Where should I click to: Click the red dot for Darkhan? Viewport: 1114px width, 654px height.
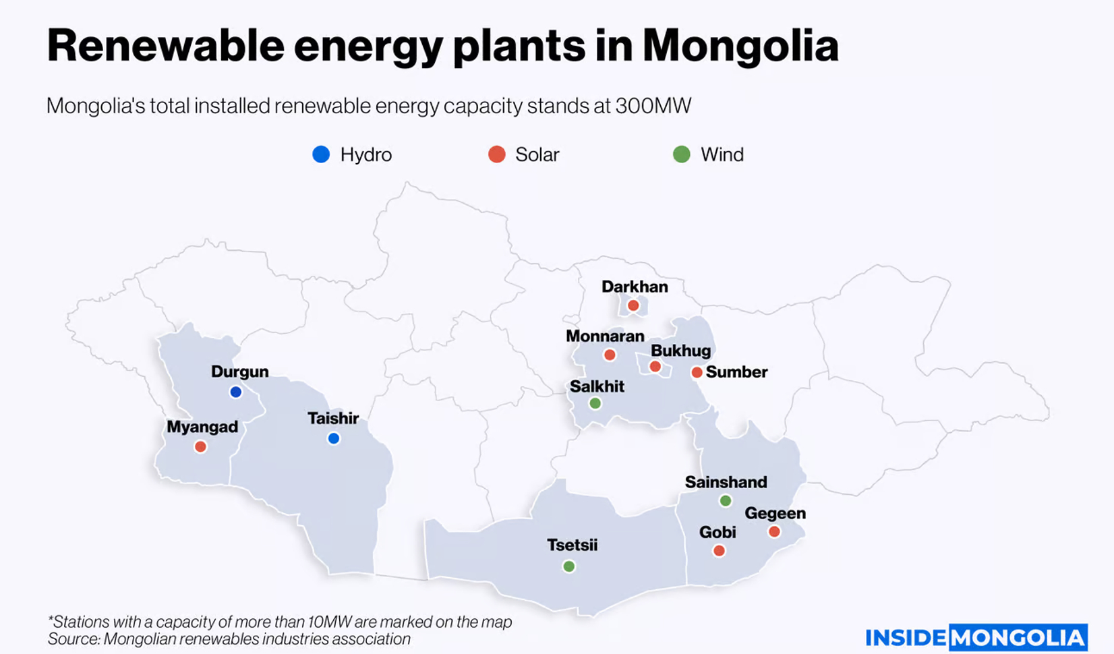pyautogui.click(x=633, y=305)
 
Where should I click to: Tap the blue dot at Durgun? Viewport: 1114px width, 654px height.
pyautogui.click(x=235, y=392)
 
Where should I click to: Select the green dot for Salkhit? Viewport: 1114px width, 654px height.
pyautogui.click(x=595, y=403)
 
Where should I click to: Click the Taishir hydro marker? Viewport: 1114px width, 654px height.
pyautogui.click(x=333, y=438)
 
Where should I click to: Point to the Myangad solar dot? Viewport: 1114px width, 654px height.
pyautogui.click(x=200, y=446)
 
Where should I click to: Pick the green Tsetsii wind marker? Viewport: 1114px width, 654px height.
pyautogui.click(x=569, y=566)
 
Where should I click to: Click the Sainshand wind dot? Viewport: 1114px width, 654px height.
pyautogui.click(x=726, y=500)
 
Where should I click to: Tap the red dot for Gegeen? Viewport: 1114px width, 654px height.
pyautogui.click(x=774, y=531)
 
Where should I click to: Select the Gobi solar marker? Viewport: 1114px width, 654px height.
pyautogui.click(x=719, y=551)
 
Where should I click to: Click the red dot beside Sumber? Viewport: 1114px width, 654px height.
pyautogui.click(x=697, y=372)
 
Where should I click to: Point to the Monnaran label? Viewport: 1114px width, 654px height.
pyautogui.click(x=605, y=336)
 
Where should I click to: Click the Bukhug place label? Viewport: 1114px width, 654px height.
pyautogui.click(x=680, y=351)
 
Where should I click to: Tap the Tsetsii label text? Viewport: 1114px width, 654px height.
pyautogui.click(x=572, y=545)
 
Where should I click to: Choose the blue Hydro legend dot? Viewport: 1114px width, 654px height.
pyautogui.click(x=321, y=154)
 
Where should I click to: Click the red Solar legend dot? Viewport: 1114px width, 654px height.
pyautogui.click(x=497, y=154)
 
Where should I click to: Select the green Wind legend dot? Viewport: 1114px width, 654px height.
pyautogui.click(x=682, y=154)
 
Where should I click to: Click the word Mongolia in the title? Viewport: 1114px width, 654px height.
pyautogui.click(x=740, y=46)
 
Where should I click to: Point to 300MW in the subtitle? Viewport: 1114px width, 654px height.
pyautogui.click(x=653, y=106)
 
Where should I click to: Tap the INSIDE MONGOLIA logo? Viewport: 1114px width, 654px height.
pyautogui.click(x=976, y=637)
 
